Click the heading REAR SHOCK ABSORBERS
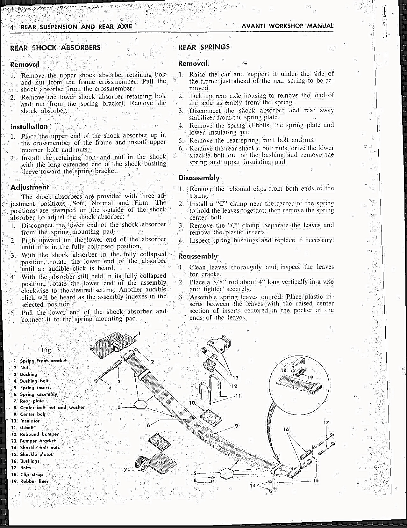[x=55, y=48]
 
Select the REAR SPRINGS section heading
[x=204, y=47]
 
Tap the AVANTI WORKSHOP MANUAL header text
[x=287, y=26]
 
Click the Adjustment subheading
[x=30, y=187]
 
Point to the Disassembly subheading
[x=199, y=178]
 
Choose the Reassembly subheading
[x=198, y=256]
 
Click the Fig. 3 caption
[x=50, y=350]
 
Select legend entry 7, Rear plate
[x=32, y=401]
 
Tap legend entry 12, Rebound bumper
[x=39, y=434]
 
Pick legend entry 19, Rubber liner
[x=34, y=481]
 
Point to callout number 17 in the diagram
[x=326, y=423]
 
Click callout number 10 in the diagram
[x=192, y=403]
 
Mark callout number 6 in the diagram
[x=148, y=425]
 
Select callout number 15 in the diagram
[x=316, y=480]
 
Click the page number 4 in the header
[x=12, y=27]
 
